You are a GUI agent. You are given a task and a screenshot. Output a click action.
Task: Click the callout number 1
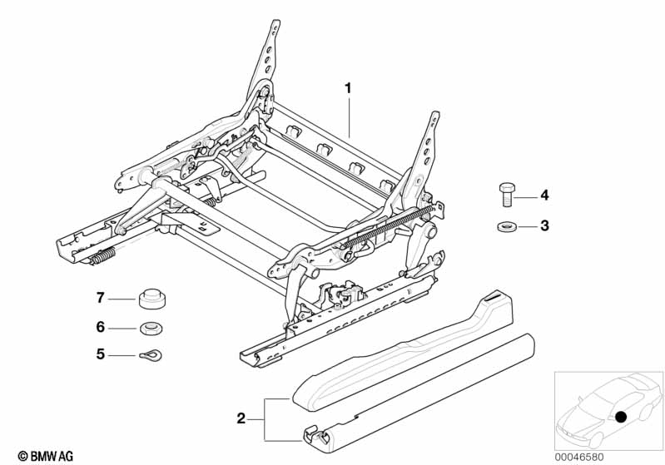coord(350,87)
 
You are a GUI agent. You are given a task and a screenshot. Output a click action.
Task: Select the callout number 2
coord(241,419)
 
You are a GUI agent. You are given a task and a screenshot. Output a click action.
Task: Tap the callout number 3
coord(545,225)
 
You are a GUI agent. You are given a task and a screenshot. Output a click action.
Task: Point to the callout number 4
coord(545,195)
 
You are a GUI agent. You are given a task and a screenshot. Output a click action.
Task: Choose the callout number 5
coord(100,354)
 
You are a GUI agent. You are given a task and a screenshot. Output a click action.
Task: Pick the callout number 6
coord(100,327)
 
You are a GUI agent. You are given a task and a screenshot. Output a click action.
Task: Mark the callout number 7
coord(100,297)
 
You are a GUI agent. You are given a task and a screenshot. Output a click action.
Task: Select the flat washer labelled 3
coord(504,225)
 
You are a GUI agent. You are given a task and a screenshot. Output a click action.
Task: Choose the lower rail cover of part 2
coord(424,391)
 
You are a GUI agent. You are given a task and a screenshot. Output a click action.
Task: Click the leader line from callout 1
coord(350,116)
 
